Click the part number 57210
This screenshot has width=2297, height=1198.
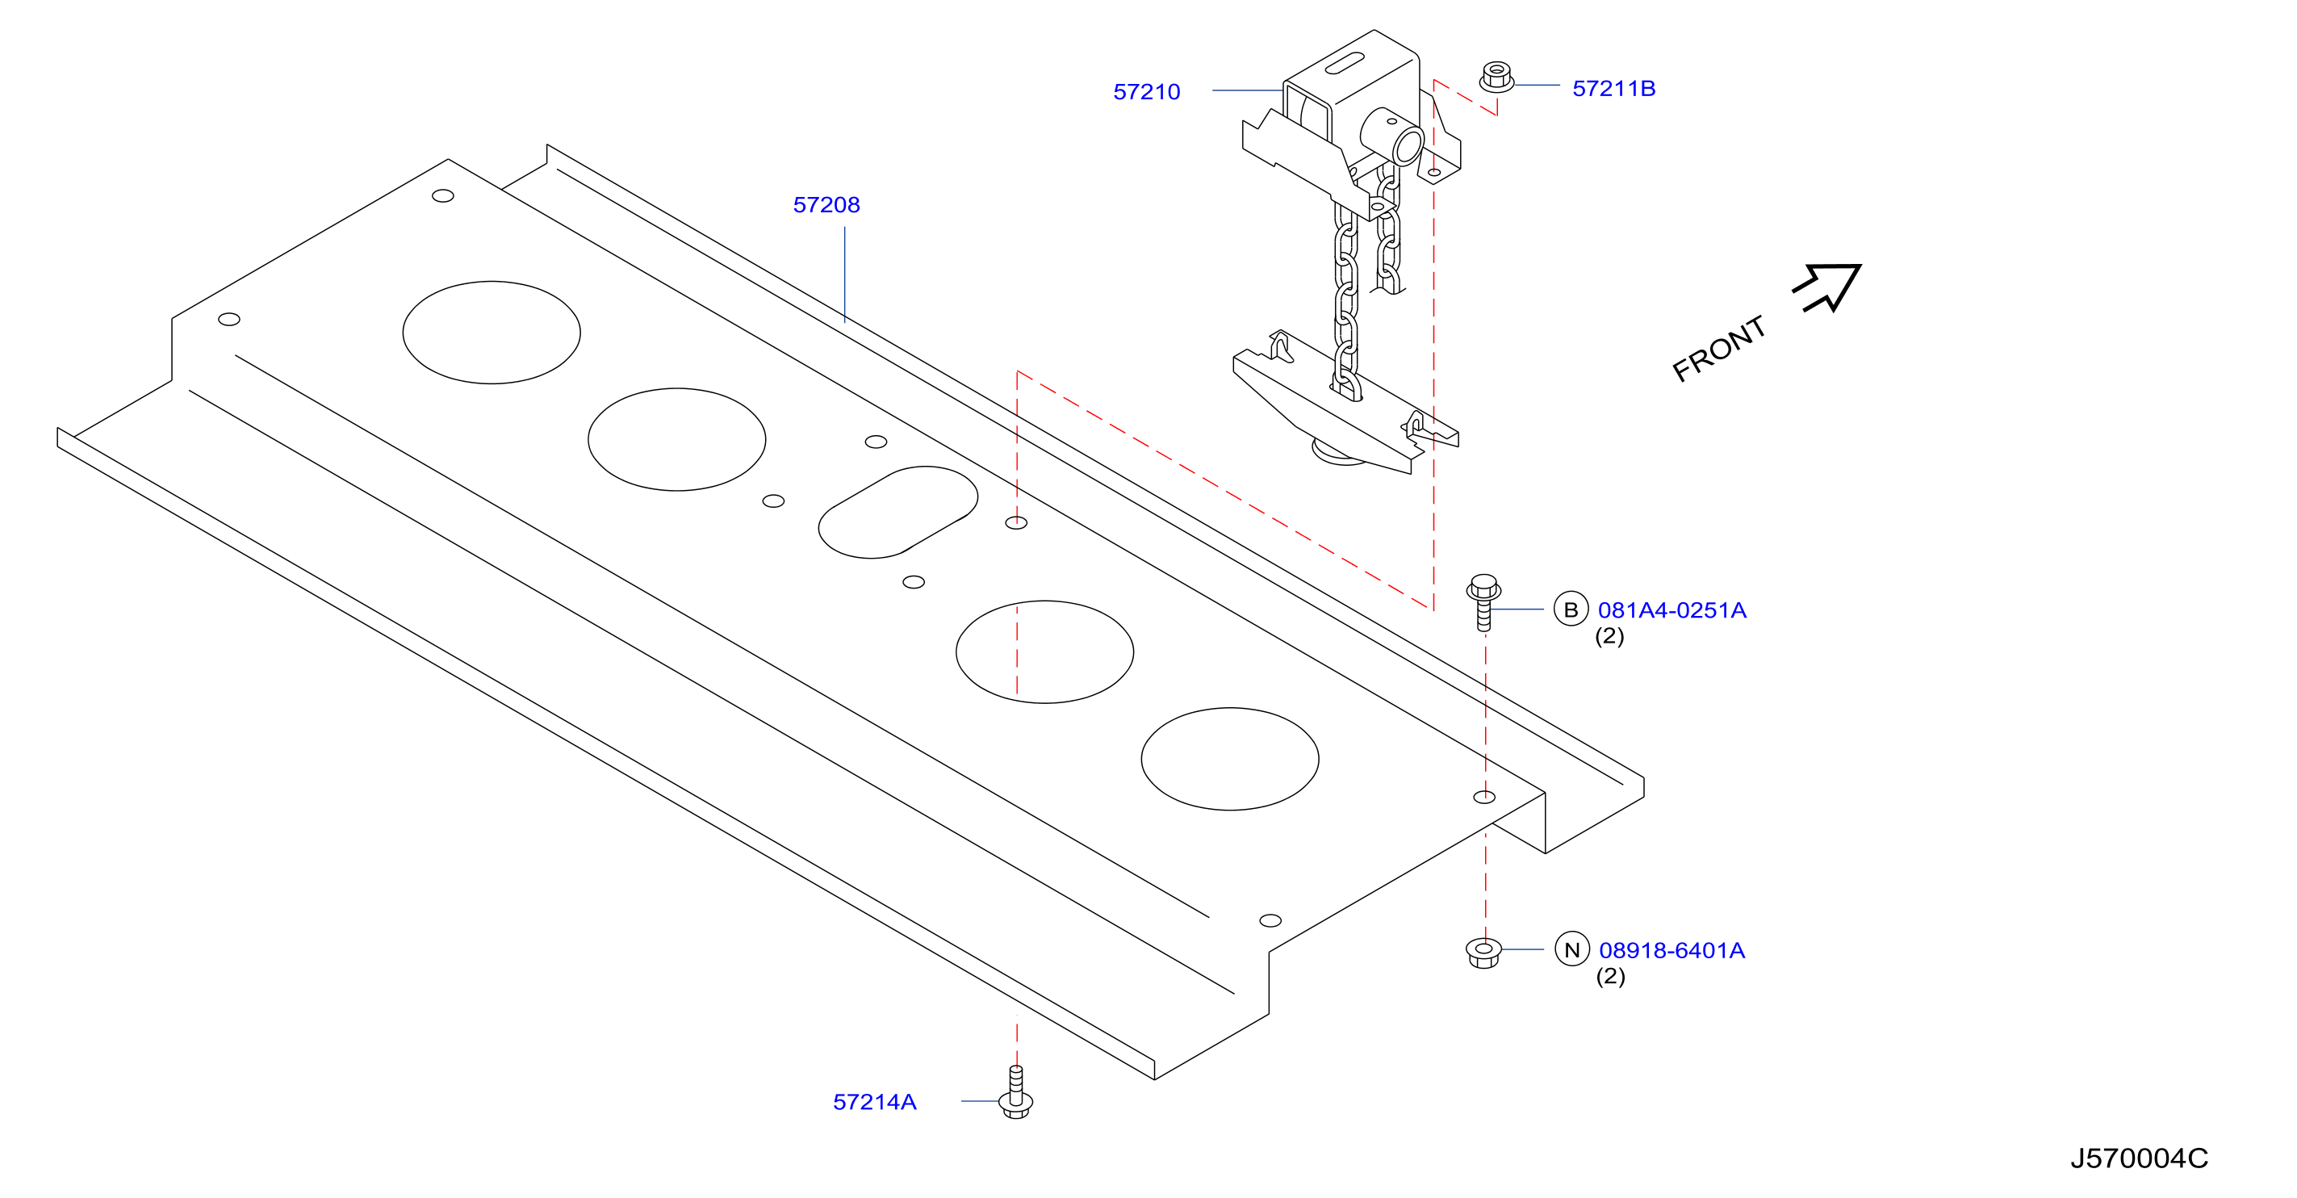[x=1146, y=92]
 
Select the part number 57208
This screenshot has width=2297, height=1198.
[x=826, y=205]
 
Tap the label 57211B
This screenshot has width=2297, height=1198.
[x=1613, y=88]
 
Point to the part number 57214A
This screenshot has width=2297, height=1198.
[x=874, y=1102]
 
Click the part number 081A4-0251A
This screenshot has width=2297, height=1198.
[x=1672, y=610]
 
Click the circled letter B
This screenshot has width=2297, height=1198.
[x=1571, y=609]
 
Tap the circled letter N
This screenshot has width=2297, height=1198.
[x=1572, y=949]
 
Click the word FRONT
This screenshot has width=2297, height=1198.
[x=1718, y=348]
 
